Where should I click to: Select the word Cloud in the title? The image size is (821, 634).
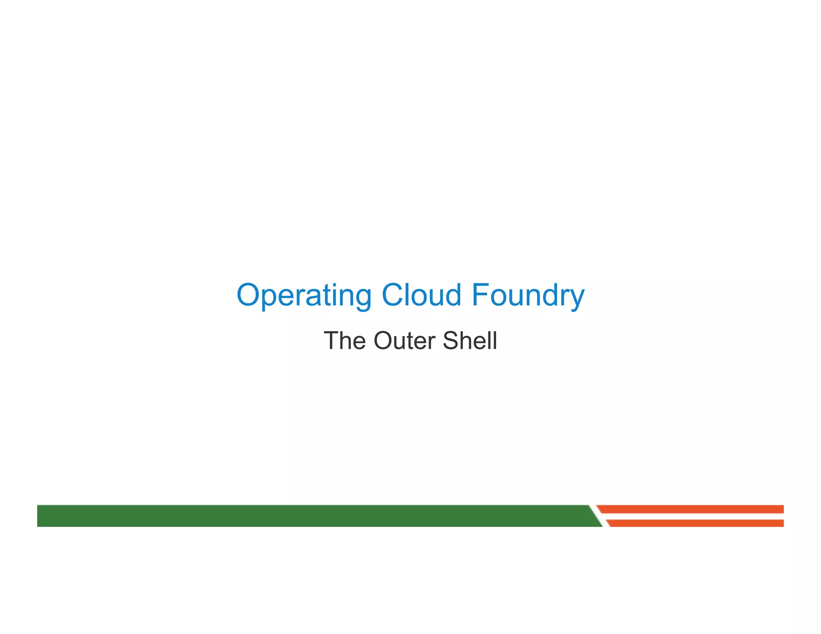point(421,295)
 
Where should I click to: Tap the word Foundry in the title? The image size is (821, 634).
point(528,295)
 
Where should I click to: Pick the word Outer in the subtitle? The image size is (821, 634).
point(404,341)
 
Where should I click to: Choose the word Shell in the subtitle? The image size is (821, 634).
point(470,341)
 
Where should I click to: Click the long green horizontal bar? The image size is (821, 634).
point(313,515)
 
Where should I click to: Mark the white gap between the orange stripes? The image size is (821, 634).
point(694,516)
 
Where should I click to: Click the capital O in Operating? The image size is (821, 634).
point(249,295)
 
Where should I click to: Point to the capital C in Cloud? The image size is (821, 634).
point(394,295)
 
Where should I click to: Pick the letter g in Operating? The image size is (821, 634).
point(362,299)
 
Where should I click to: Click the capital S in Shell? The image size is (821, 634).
point(452,341)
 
